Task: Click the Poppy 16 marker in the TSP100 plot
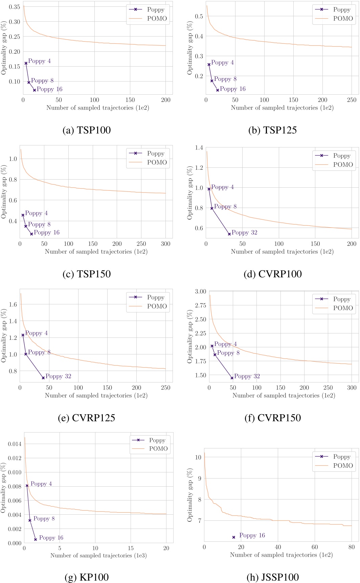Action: tap(35, 90)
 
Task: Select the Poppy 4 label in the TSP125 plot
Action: tap(222, 63)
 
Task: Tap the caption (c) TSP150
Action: tap(87, 274)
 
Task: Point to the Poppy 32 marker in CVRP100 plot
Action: tap(229, 234)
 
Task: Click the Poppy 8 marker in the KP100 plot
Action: tap(30, 520)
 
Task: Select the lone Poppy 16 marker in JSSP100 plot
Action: tap(233, 537)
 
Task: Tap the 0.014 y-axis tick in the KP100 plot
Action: tap(15, 444)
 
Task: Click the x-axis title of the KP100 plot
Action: tap(98, 555)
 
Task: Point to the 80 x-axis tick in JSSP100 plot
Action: tap(352, 547)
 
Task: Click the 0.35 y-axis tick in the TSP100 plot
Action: tap(15, 7)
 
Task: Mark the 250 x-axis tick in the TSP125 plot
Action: tap(352, 100)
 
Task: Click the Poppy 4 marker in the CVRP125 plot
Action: tap(23, 335)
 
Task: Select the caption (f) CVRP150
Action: tap(273, 418)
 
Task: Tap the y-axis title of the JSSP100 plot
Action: tap(190, 495)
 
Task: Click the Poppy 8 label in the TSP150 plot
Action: tap(39, 225)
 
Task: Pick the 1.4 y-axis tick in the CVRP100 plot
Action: tap(199, 147)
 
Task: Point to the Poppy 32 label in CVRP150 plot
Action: tap(247, 376)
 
